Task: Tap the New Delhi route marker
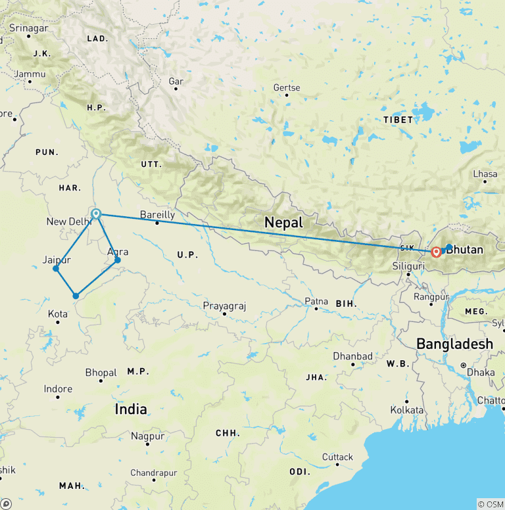[x=97, y=214]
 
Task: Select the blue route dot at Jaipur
[x=56, y=268]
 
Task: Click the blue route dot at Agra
[x=118, y=260]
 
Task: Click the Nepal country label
[x=283, y=222]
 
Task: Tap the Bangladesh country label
[x=454, y=344]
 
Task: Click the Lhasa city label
[x=485, y=174]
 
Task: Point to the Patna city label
[x=316, y=301]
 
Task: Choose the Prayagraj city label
[x=224, y=306]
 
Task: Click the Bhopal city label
[x=101, y=373]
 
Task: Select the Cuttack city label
[x=337, y=457]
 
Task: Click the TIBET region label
[x=398, y=120]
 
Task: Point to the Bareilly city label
[x=158, y=214]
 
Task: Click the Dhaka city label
[x=481, y=372]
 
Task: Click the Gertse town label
[x=287, y=87]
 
